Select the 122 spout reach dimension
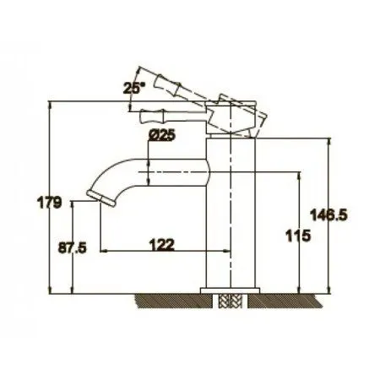coord(162,244)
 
